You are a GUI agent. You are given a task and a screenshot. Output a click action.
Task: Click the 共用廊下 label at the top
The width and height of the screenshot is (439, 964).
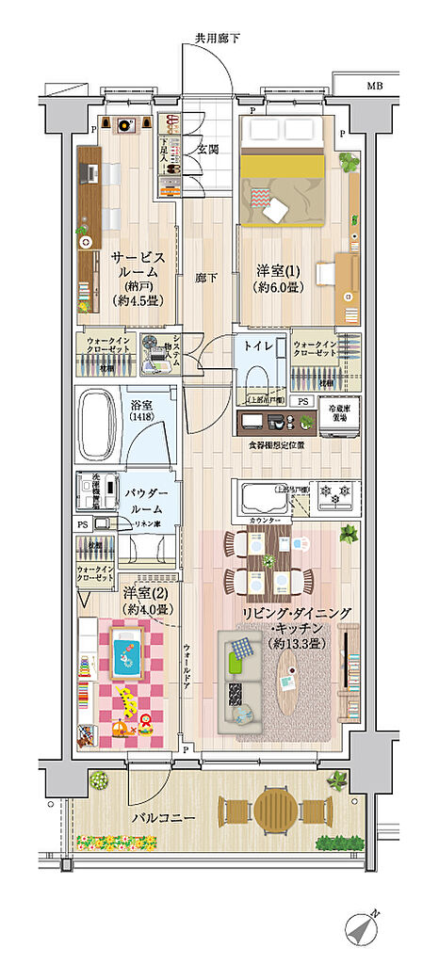coord(218,39)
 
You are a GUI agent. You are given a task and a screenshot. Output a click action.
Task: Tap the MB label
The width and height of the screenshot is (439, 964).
coord(376,86)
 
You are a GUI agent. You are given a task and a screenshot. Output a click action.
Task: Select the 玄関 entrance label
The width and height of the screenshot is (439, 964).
coord(208,149)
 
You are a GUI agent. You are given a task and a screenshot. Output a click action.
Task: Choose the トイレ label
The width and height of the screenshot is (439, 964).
coord(259,346)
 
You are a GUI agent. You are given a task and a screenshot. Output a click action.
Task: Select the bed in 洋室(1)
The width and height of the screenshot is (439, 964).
coord(284,179)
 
